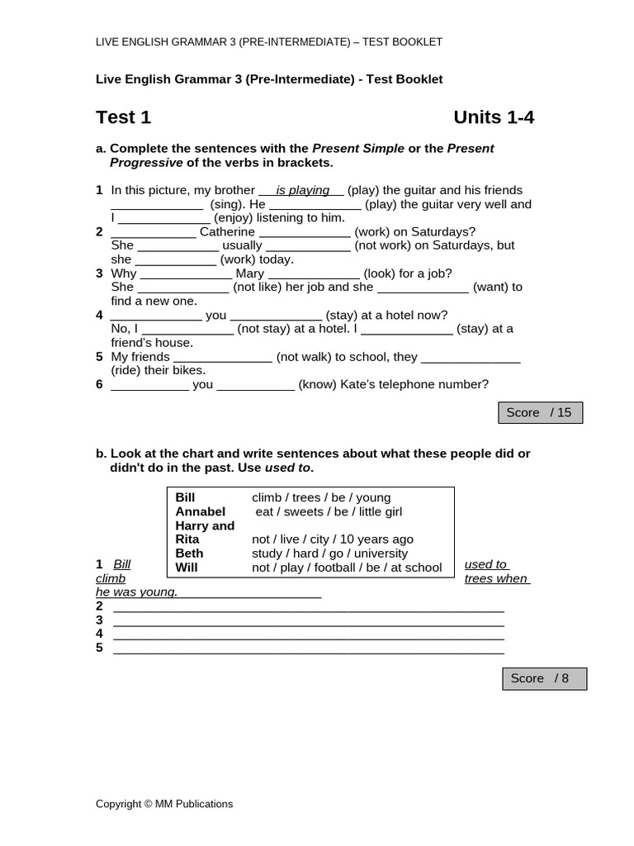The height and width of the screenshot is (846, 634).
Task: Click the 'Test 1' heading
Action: point(123,117)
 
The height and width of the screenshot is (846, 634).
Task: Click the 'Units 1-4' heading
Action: point(494,117)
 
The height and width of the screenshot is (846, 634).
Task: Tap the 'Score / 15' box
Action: point(540,412)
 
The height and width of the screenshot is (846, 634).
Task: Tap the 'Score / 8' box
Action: point(544,678)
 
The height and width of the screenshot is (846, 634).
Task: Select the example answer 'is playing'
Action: point(302,190)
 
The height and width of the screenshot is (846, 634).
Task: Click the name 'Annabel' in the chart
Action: point(201,511)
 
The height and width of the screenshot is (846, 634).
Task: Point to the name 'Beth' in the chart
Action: point(189,554)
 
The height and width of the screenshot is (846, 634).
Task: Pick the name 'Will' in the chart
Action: point(187,568)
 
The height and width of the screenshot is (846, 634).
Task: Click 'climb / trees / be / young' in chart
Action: point(321,497)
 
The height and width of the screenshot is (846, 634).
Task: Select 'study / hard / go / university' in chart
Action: point(329,554)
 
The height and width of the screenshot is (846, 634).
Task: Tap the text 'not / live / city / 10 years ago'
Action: point(333,539)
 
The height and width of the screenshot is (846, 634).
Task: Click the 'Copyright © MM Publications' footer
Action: point(164,804)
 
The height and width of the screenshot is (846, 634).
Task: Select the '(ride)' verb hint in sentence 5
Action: point(126,370)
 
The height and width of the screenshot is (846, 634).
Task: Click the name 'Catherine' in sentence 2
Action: point(227,232)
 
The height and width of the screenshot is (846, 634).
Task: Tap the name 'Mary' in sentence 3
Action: point(250,273)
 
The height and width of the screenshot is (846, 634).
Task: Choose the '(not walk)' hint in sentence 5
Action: point(304,357)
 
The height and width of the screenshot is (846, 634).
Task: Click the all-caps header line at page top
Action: point(269,42)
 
